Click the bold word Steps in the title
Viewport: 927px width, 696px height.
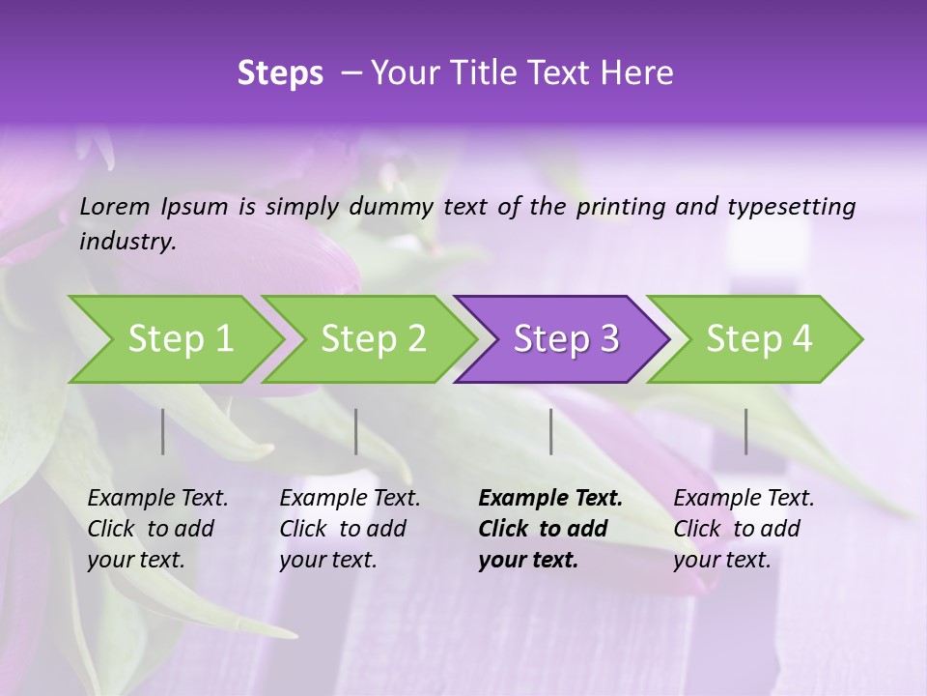click(x=280, y=73)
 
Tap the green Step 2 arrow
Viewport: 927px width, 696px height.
click(x=372, y=339)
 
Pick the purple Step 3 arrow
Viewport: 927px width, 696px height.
click(x=565, y=339)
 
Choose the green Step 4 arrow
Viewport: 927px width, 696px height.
click(x=758, y=339)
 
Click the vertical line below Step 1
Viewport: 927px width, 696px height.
click(x=163, y=431)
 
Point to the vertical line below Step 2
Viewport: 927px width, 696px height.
click(x=356, y=431)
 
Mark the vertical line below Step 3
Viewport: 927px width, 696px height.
click(x=550, y=431)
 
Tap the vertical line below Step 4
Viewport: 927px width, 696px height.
click(x=745, y=431)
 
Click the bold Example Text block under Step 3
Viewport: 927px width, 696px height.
click(x=550, y=529)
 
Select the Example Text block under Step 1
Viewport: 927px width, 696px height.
click(x=157, y=529)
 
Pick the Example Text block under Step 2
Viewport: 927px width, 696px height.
click(x=350, y=529)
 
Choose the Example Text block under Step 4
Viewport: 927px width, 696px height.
click(x=744, y=529)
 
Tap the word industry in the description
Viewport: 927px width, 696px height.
click(x=126, y=241)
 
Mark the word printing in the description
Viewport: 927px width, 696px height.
click(x=620, y=206)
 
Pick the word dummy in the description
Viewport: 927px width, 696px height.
click(x=392, y=206)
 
